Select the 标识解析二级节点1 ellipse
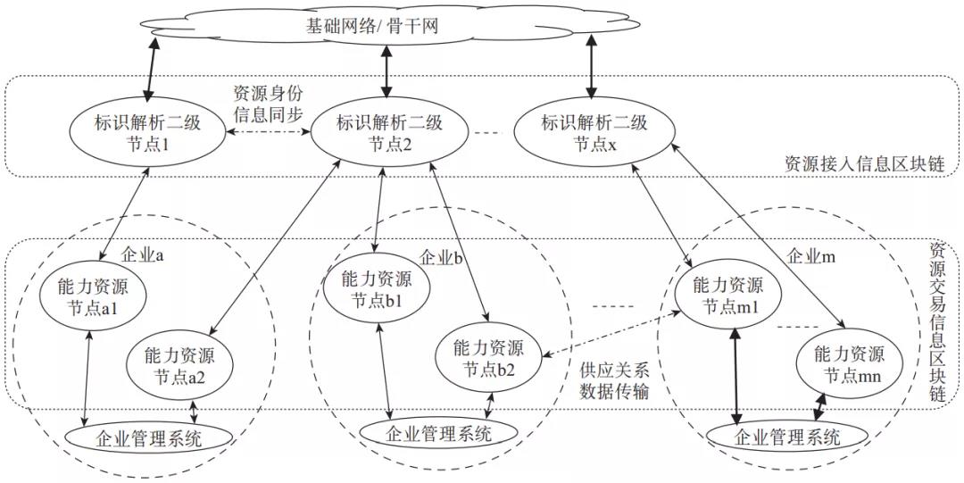tap(148, 133)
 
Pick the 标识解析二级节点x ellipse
tap(594, 133)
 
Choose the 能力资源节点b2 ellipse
tap(488, 357)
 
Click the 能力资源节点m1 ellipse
tap(732, 296)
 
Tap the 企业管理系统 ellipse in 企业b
tap(437, 434)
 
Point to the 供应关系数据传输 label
tap(615, 380)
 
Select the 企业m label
tap(810, 255)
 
